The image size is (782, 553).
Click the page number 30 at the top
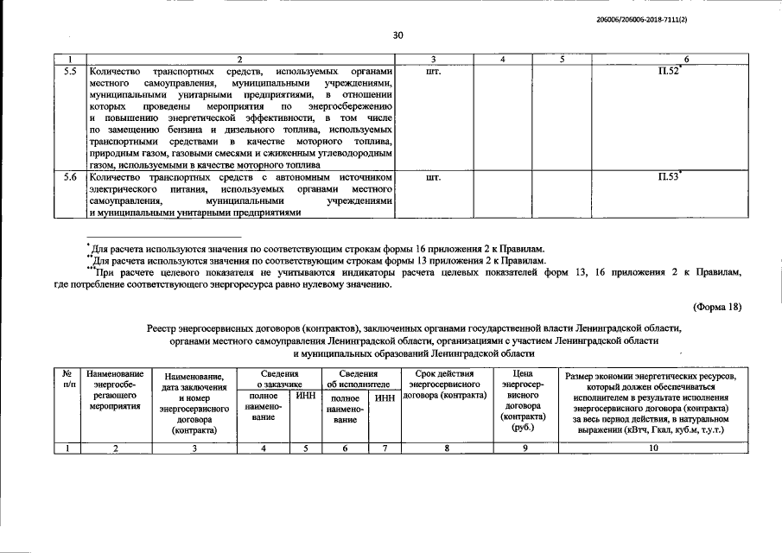tap(397, 35)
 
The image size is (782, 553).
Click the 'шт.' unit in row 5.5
tap(434, 70)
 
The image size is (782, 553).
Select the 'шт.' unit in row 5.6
tap(434, 176)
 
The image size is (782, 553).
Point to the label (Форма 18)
tap(716, 306)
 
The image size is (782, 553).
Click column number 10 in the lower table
tap(653, 447)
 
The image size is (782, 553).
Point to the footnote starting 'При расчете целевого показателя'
tap(415, 271)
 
